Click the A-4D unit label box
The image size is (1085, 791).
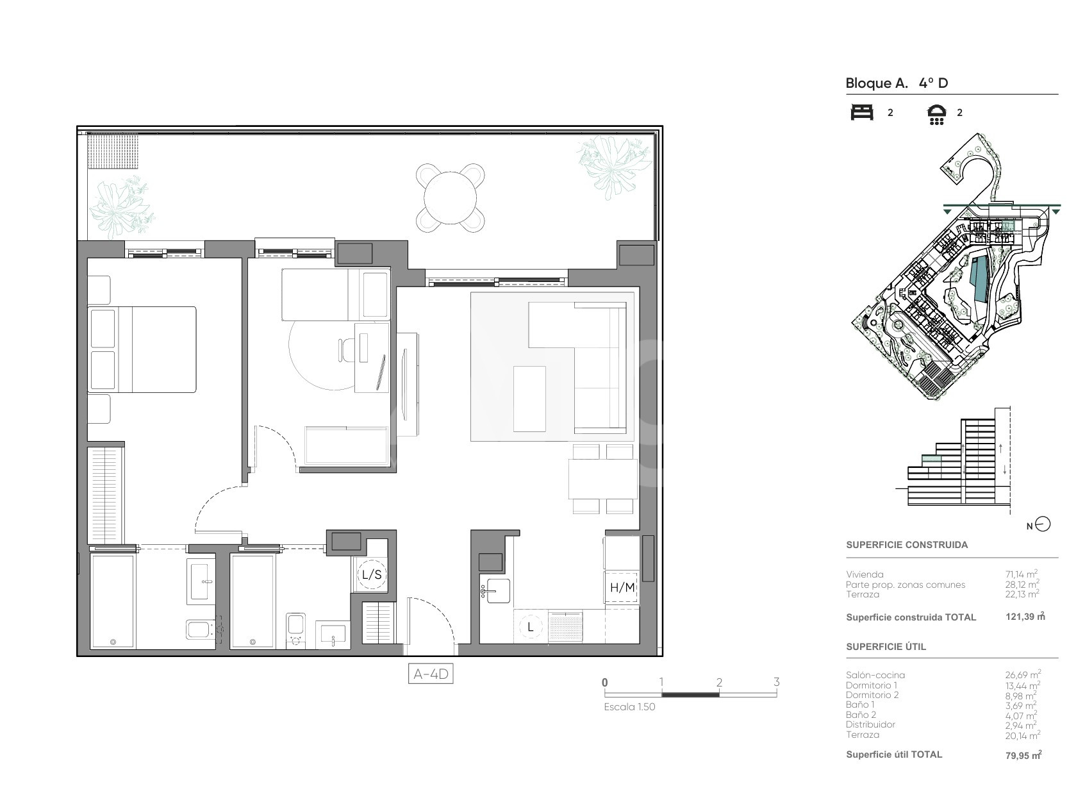pyautogui.click(x=431, y=674)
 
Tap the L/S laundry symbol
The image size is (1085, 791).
pyautogui.click(x=372, y=575)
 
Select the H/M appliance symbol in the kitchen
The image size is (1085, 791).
pyautogui.click(x=622, y=588)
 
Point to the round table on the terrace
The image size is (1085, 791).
pyautogui.click(x=450, y=197)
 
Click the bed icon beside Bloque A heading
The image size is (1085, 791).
pyautogui.click(x=862, y=112)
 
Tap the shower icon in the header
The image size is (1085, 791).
pyautogui.click(x=937, y=114)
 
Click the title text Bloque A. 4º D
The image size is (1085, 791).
pyautogui.click(x=897, y=83)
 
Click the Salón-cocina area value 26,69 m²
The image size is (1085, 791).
pyautogui.click(x=1023, y=674)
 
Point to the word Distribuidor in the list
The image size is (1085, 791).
pyautogui.click(x=870, y=724)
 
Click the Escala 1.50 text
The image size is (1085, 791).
pyautogui.click(x=629, y=707)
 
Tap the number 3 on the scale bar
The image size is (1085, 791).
pyautogui.click(x=777, y=682)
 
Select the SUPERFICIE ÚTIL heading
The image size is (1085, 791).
pyautogui.click(x=886, y=647)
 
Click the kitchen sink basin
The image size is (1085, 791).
pyautogui.click(x=498, y=591)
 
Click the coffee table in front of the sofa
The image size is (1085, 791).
pyautogui.click(x=529, y=399)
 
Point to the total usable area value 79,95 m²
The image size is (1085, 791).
pyautogui.click(x=1023, y=754)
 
